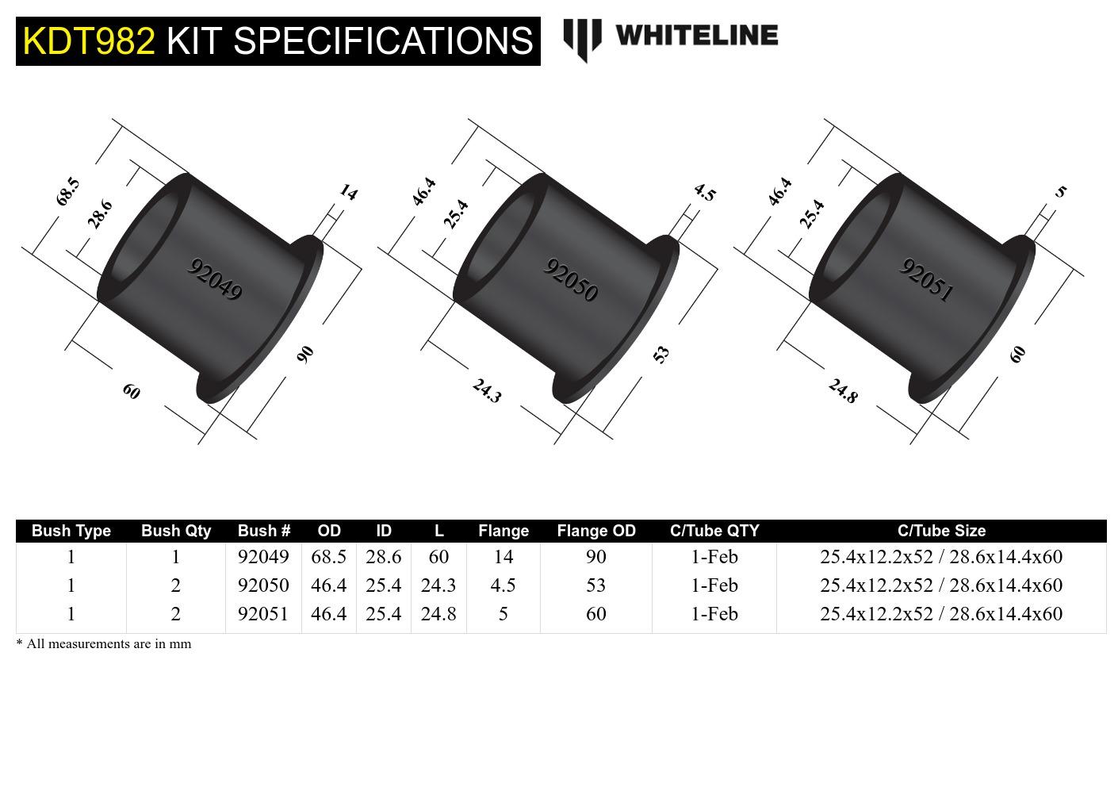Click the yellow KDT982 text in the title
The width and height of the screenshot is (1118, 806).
tap(89, 40)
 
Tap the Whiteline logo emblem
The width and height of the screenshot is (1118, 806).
tap(582, 39)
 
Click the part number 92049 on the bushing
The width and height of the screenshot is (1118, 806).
tap(214, 279)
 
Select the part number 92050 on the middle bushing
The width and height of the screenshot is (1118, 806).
tap(570, 280)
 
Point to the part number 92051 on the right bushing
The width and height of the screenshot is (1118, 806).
tap(926, 280)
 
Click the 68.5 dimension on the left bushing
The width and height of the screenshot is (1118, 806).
tap(68, 191)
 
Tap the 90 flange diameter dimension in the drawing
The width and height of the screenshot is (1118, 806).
tap(305, 354)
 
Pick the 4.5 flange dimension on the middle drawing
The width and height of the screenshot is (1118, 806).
tap(704, 192)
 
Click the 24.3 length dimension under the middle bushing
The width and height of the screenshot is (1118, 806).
tap(487, 390)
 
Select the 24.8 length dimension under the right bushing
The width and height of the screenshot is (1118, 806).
tap(843, 390)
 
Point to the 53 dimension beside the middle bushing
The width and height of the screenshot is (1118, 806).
tap(661, 354)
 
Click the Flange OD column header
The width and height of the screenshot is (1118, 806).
tap(596, 531)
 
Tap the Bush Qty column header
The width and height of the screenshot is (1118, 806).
tap(176, 531)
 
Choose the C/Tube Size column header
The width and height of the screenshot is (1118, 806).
tap(941, 531)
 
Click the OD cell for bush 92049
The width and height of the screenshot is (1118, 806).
tap(328, 557)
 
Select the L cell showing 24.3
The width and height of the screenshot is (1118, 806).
tap(438, 585)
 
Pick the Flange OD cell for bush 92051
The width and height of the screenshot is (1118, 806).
tap(596, 614)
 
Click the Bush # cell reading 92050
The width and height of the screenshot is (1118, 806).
tap(263, 585)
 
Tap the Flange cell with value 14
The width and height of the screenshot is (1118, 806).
tap(503, 557)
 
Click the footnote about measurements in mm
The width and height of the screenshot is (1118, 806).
tap(104, 643)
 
